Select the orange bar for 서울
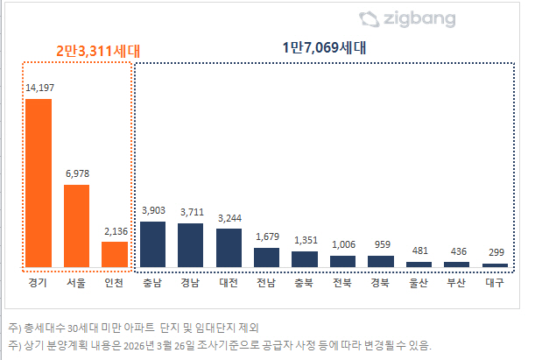click(77, 225)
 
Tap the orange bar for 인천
click(115, 254)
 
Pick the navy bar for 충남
click(153, 244)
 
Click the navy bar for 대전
click(229, 247)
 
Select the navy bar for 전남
click(266, 257)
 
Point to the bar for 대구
click(495, 265)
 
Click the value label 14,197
click(39, 88)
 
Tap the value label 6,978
click(77, 173)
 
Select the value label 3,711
click(191, 212)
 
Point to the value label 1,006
click(342, 244)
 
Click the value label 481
click(419, 251)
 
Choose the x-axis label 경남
click(191, 282)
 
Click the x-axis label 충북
click(305, 282)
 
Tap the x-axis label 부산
click(456, 282)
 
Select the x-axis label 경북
click(380, 282)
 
